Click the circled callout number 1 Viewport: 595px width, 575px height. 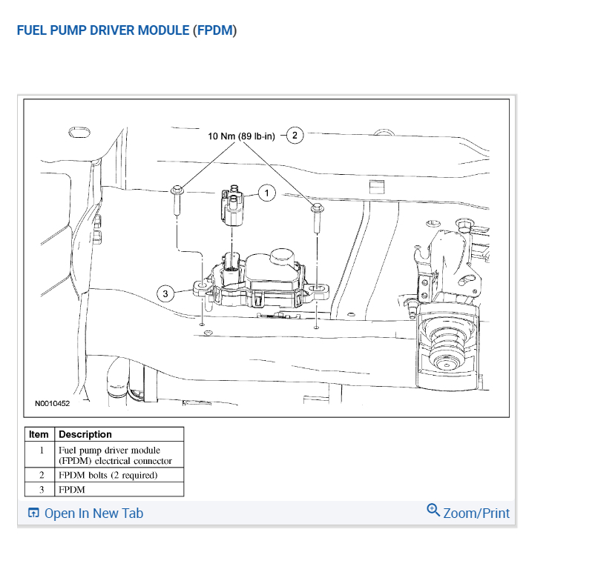tap(267, 193)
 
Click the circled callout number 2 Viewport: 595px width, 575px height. tap(295, 136)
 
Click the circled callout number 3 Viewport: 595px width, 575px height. tap(165, 293)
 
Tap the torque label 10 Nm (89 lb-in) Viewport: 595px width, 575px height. tap(241, 136)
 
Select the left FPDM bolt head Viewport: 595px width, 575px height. tap(177, 190)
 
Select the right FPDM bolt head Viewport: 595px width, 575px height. tap(318, 208)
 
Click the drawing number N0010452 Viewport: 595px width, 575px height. tap(53, 403)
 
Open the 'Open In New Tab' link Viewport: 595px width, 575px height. tap(93, 513)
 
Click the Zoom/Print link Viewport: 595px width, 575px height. tap(476, 513)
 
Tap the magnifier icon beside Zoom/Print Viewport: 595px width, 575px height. tap(433, 511)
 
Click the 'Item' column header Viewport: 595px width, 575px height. tap(39, 434)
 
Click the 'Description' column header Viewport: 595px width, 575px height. tap(85, 434)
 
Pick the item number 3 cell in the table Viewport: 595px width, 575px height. tap(42, 489)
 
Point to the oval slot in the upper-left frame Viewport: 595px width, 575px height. tap(79, 133)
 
